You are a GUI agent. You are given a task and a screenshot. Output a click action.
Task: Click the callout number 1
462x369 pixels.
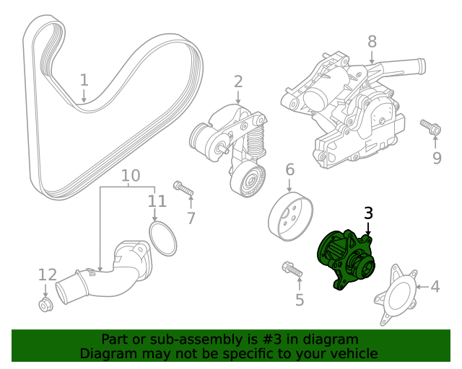[x=84, y=79]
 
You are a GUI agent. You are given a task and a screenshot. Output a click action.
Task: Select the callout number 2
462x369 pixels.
[x=238, y=82]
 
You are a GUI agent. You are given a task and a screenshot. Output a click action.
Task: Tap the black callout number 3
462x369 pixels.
[x=368, y=213]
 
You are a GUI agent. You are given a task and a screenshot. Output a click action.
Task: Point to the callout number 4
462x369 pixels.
[x=435, y=287]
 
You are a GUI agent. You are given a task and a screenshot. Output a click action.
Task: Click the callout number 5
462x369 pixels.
[x=299, y=299]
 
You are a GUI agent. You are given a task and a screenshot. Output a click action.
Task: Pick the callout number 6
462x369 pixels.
[x=289, y=170]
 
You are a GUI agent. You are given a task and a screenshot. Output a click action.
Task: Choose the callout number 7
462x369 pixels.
[x=191, y=217]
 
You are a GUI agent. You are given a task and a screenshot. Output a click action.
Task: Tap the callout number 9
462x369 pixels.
[x=436, y=158]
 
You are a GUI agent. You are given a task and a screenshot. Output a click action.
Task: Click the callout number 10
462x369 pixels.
[x=130, y=175]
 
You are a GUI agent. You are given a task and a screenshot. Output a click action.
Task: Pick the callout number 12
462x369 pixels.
[x=47, y=275]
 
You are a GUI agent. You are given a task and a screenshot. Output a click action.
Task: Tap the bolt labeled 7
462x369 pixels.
[x=183, y=189]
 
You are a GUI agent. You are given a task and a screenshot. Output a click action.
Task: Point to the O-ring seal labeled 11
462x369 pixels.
[x=163, y=239]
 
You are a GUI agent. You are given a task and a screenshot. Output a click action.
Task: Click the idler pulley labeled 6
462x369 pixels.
[x=288, y=217]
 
